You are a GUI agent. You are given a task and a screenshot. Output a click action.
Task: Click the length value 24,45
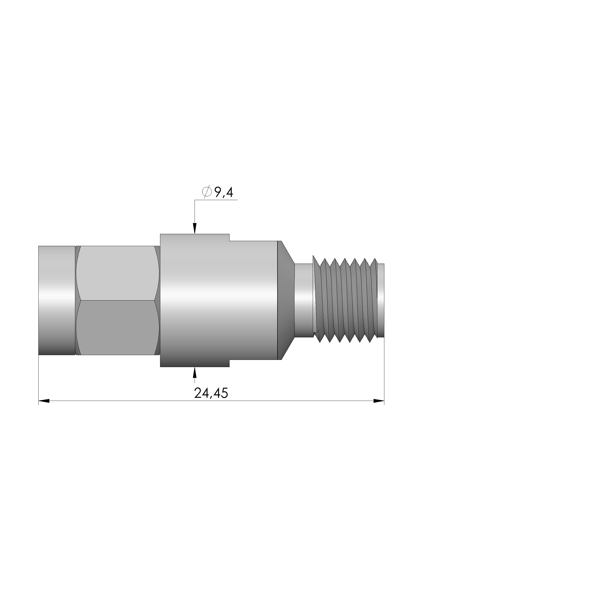coord(211,393)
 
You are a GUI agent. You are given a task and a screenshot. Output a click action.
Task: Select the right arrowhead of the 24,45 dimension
coord(379,401)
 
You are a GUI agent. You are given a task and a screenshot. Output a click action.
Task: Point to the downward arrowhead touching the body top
coord(195,229)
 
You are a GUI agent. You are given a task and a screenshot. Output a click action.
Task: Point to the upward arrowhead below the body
coord(195,372)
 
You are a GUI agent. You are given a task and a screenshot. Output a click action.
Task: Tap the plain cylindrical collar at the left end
coord(57,300)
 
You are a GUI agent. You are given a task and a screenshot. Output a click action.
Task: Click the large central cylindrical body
coord(217,300)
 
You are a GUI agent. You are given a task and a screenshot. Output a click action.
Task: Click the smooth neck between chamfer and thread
coord(303,300)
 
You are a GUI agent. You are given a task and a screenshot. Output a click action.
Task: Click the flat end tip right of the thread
coord(381,300)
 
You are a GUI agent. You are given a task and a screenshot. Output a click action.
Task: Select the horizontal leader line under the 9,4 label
coord(217,200)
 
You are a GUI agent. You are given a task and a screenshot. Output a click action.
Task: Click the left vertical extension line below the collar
coord(39,379)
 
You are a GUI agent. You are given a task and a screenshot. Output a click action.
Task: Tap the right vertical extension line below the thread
coord(384,373)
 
